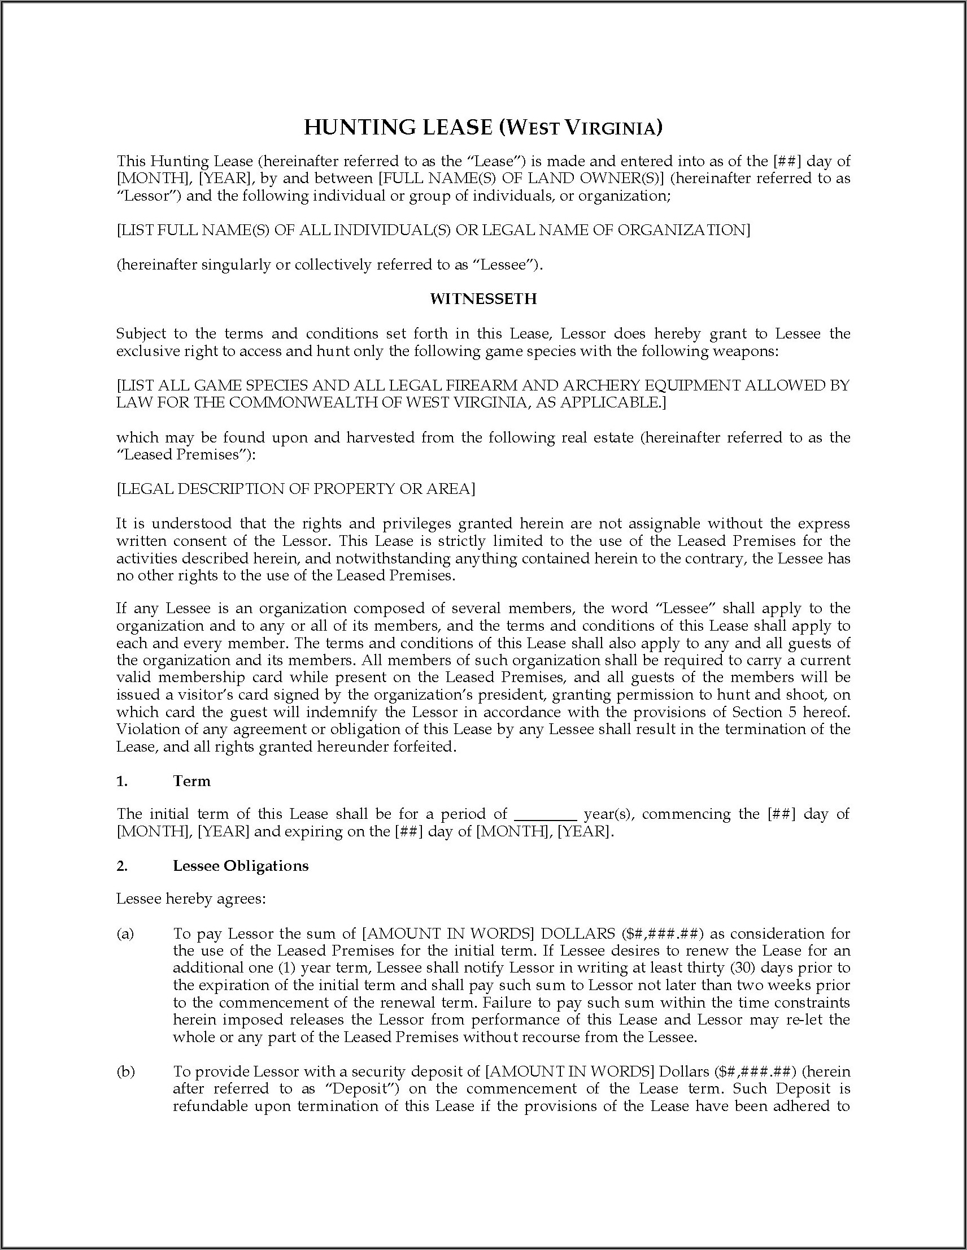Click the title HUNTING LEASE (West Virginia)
click(483, 127)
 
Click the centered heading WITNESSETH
click(483, 299)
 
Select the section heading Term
click(191, 780)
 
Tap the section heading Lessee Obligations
click(240, 865)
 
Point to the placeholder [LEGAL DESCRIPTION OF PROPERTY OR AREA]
click(296, 488)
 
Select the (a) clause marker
click(125, 934)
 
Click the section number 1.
click(121, 780)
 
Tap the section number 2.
click(121, 865)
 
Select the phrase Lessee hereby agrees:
click(191, 899)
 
